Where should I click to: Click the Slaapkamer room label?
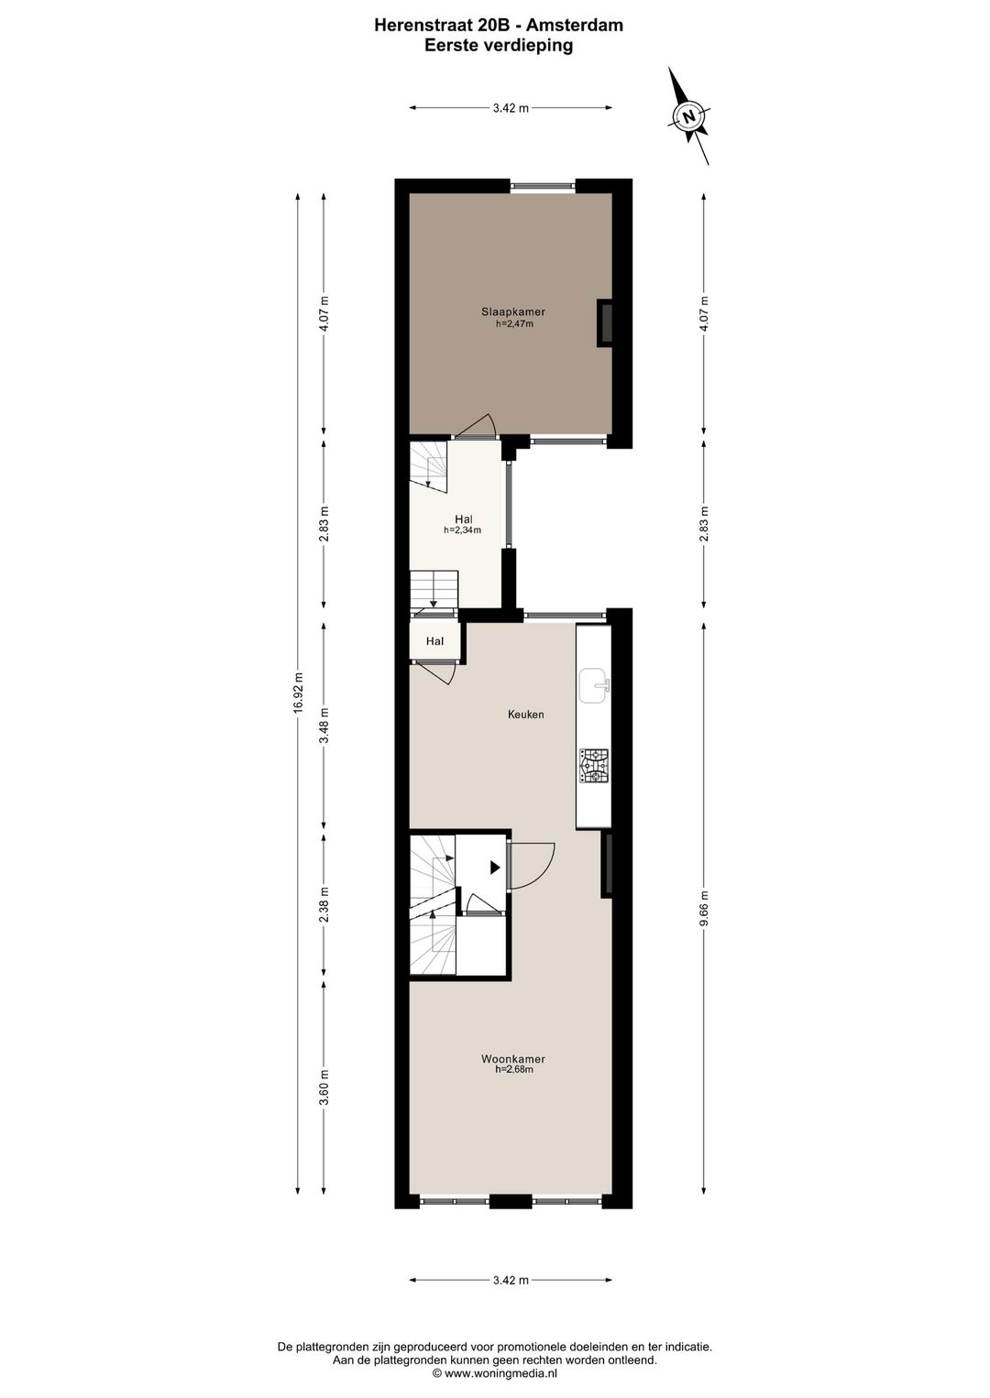click(x=512, y=311)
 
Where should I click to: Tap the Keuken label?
click(x=526, y=714)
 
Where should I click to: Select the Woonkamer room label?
click(x=512, y=1059)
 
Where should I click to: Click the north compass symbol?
click(x=688, y=115)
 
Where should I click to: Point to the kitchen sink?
click(x=594, y=683)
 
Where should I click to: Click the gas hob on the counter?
click(x=593, y=766)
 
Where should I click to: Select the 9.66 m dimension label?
click(x=704, y=908)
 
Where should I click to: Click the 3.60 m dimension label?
click(x=324, y=1087)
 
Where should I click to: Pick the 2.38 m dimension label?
click(x=324, y=903)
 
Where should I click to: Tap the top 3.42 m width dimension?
click(x=511, y=108)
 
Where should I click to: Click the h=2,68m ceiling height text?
click(x=513, y=1069)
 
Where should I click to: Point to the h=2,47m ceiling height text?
click(x=513, y=322)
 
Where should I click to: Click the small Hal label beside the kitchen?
click(x=434, y=641)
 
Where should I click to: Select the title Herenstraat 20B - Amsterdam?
click(x=499, y=26)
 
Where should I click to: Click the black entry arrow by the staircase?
click(x=495, y=867)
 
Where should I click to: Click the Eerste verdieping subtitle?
click(x=499, y=46)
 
